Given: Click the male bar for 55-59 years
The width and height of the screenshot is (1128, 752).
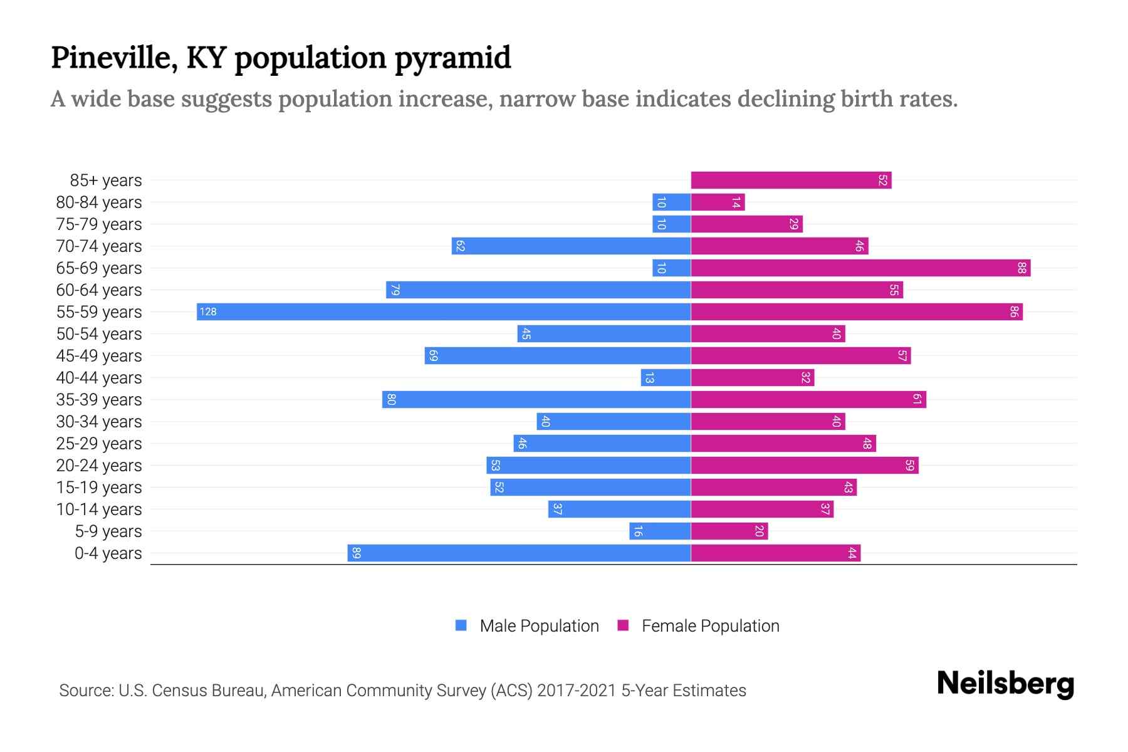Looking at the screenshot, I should (444, 311).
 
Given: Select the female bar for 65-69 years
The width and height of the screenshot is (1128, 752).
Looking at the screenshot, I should (860, 268).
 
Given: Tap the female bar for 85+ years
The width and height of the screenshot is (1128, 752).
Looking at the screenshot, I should (791, 180).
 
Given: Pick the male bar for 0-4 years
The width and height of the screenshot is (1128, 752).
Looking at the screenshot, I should (519, 553).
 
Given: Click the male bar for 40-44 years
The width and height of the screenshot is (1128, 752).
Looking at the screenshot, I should (666, 377).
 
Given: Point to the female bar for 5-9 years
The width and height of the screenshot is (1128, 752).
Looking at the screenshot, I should (729, 531).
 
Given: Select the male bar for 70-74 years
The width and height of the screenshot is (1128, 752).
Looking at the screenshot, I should (571, 246).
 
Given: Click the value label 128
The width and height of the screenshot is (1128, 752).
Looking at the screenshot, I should (208, 311).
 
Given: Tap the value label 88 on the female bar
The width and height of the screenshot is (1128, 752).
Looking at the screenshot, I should (1021, 268).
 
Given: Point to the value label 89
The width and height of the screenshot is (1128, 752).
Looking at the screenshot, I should (356, 553).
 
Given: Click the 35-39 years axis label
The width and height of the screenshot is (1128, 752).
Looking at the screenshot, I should (99, 399).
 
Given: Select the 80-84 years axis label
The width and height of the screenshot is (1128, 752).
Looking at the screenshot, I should (99, 202).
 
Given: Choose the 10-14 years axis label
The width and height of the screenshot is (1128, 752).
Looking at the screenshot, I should (99, 509).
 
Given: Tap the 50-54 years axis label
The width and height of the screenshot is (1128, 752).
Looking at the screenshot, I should (99, 333).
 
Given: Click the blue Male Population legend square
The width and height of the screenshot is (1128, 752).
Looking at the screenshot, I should (461, 625).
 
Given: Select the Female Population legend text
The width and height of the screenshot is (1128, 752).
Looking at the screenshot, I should (710, 625).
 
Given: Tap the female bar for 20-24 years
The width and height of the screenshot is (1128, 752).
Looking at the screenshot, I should (805, 465).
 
